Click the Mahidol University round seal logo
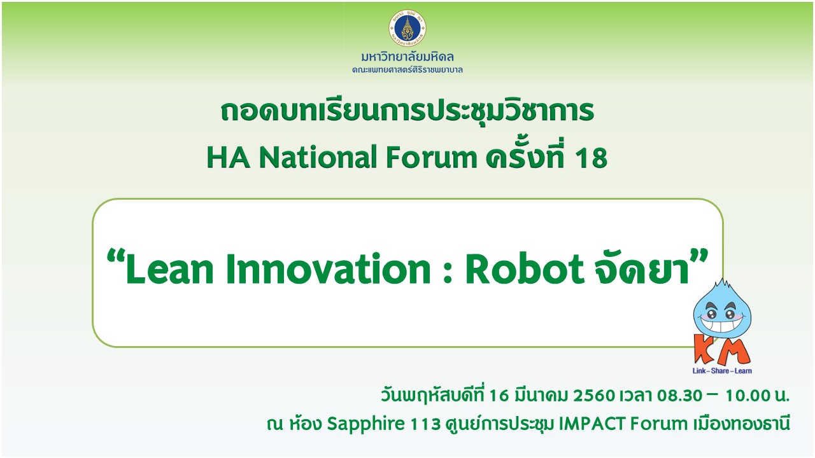(x=407, y=28)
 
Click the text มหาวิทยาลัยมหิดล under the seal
(x=407, y=57)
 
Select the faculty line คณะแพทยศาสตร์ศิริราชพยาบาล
(x=407, y=69)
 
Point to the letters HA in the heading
(x=229, y=157)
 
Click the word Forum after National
(x=431, y=157)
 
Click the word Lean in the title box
(x=169, y=269)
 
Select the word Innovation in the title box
(x=328, y=269)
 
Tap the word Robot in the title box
(x=525, y=269)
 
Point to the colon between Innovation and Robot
(x=448, y=273)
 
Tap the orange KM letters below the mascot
(x=722, y=350)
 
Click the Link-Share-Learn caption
(x=722, y=371)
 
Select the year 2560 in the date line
(x=594, y=396)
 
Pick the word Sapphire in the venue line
(x=365, y=424)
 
